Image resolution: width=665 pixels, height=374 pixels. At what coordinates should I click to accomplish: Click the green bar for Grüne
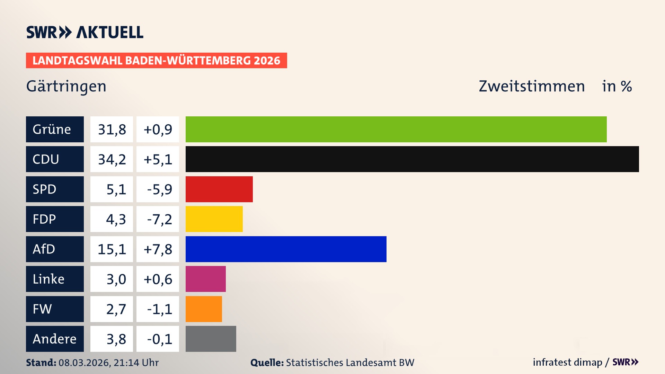click(x=396, y=129)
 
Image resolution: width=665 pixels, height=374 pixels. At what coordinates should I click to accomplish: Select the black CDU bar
click(x=412, y=159)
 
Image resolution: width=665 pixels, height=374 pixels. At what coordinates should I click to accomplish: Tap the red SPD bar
click(x=219, y=189)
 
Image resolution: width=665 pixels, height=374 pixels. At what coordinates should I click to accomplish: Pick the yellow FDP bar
click(x=214, y=219)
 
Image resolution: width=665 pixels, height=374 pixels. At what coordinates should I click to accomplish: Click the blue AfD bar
click(x=286, y=249)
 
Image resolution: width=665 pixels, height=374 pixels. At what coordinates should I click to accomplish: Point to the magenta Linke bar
click(x=205, y=279)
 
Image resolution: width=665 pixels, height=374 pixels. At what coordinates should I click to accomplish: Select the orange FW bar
click(x=204, y=309)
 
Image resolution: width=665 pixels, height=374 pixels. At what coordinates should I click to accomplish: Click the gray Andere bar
click(x=211, y=339)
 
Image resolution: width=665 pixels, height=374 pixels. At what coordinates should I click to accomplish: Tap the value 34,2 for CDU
click(x=112, y=159)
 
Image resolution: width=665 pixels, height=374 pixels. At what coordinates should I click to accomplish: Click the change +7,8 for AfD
click(x=158, y=249)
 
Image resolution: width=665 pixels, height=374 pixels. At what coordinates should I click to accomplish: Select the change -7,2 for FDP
click(x=158, y=219)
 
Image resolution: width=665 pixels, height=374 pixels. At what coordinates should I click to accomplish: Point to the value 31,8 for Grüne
click(x=112, y=129)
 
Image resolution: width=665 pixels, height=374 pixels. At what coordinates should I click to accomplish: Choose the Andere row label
click(x=55, y=339)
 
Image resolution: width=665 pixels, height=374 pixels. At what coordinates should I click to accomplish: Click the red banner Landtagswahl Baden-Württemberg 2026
click(x=156, y=60)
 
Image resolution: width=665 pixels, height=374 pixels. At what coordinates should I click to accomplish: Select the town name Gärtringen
click(x=66, y=86)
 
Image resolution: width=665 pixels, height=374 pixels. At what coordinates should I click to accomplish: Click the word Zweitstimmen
click(x=532, y=86)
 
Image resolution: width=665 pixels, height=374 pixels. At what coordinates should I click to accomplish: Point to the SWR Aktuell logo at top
click(x=85, y=32)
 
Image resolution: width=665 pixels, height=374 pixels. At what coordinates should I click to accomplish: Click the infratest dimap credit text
click(x=567, y=362)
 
